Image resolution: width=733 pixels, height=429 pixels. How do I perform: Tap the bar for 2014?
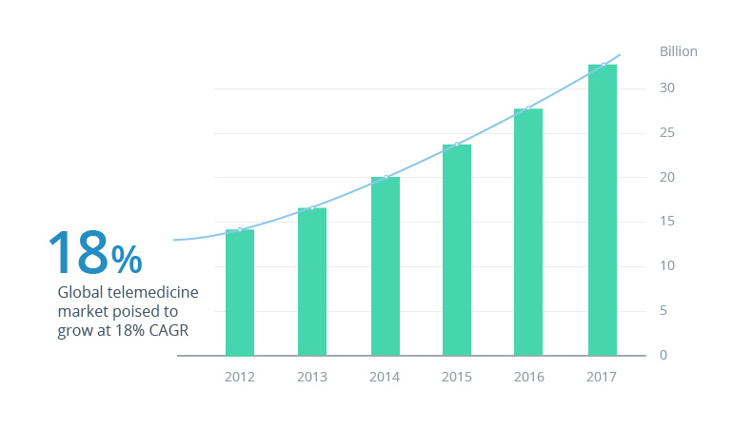pyautogui.click(x=385, y=266)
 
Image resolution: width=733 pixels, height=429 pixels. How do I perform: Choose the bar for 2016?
pyautogui.click(x=528, y=232)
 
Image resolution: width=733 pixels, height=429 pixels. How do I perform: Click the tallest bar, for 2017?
pyautogui.click(x=602, y=210)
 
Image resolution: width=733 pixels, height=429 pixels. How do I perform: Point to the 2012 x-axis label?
pyautogui.click(x=240, y=377)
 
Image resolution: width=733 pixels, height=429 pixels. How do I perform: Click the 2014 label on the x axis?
pyautogui.click(x=385, y=377)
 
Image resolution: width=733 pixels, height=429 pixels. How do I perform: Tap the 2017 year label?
pyautogui.click(x=602, y=377)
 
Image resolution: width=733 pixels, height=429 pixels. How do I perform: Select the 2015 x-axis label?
pyautogui.click(x=457, y=377)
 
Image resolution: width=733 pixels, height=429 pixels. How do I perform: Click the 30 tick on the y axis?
pyautogui.click(x=667, y=88)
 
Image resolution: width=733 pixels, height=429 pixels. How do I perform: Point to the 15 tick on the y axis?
pyautogui.click(x=667, y=222)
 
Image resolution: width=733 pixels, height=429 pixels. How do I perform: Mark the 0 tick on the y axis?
pyautogui.click(x=664, y=356)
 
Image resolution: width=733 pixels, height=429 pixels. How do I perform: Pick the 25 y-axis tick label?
pyautogui.click(x=667, y=133)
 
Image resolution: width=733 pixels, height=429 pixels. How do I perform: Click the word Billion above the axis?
pyautogui.click(x=678, y=51)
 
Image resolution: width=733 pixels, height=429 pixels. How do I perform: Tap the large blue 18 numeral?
pyautogui.click(x=78, y=252)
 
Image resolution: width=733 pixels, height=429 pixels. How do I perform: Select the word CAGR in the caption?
pyautogui.click(x=168, y=331)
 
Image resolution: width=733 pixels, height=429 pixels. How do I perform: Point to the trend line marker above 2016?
pyautogui.click(x=528, y=108)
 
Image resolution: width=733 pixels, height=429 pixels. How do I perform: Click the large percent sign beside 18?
pyautogui.click(x=127, y=258)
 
